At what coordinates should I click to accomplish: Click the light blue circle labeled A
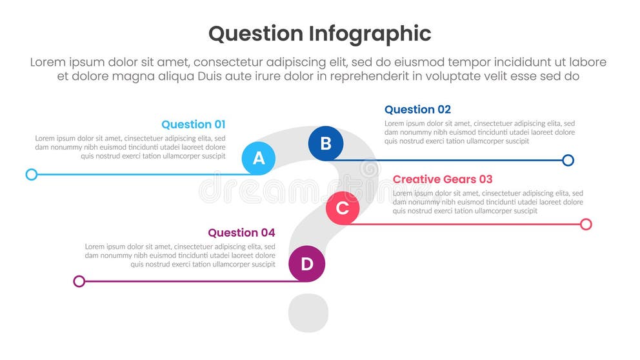click(x=259, y=158)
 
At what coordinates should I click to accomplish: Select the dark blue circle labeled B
click(x=326, y=143)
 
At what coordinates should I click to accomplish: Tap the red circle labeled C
click(x=343, y=208)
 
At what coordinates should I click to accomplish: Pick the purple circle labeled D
click(x=306, y=264)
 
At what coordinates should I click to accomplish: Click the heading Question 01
click(x=194, y=125)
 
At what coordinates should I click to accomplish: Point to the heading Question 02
click(x=417, y=110)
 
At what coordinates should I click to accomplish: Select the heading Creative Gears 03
click(x=443, y=179)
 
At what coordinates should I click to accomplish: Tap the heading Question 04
click(x=241, y=233)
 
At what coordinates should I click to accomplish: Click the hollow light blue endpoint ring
click(x=32, y=174)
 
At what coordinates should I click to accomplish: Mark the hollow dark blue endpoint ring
click(x=568, y=160)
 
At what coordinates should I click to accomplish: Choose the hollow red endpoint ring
click(x=586, y=224)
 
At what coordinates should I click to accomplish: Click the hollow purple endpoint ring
click(x=79, y=281)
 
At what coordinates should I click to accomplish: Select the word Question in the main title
click(x=255, y=34)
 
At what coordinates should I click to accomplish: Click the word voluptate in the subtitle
click(x=446, y=76)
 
